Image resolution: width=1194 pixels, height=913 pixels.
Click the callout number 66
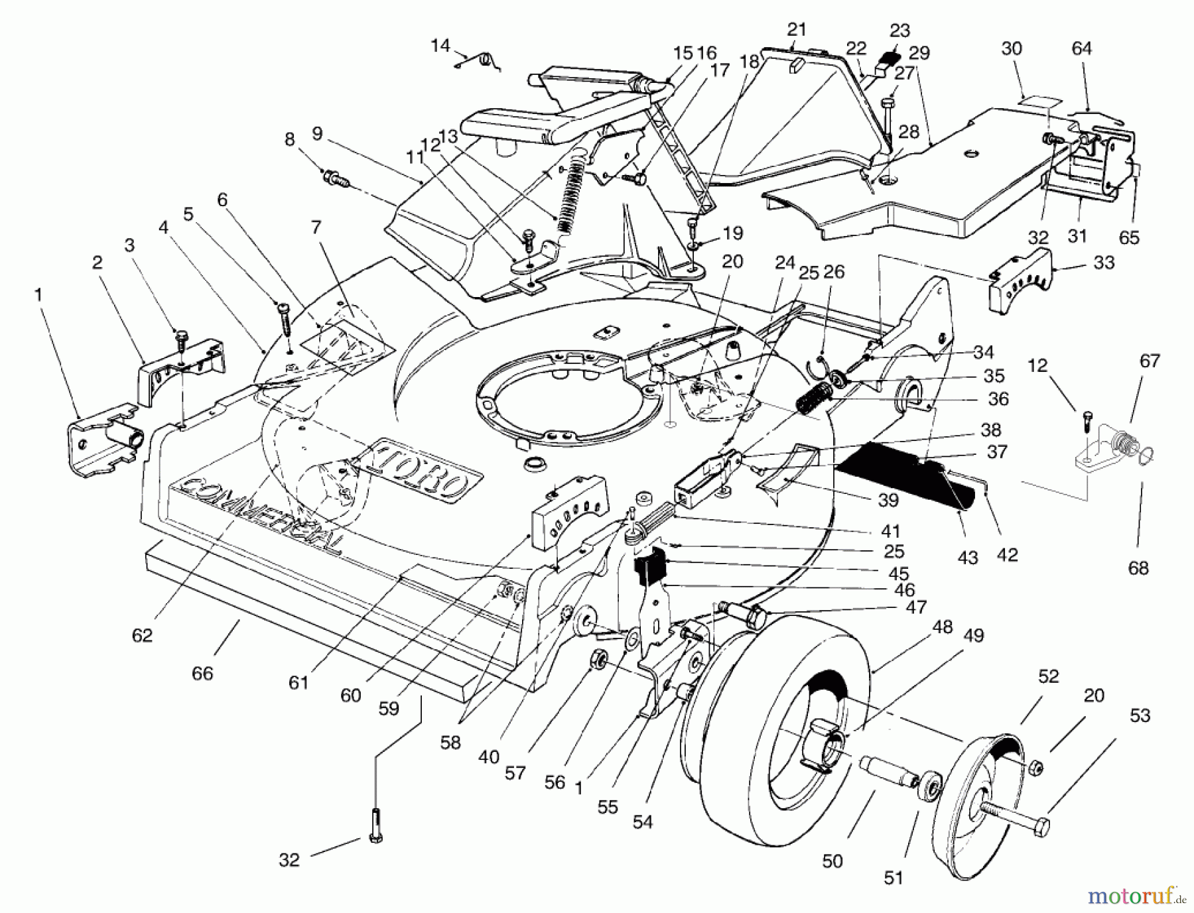click(202, 674)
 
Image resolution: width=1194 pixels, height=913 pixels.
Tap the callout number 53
click(1140, 716)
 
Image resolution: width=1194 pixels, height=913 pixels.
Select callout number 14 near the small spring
click(440, 46)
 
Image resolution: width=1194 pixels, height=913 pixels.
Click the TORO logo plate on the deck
click(419, 473)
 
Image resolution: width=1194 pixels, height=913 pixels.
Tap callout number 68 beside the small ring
click(1138, 568)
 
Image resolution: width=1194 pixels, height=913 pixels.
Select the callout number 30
click(1012, 48)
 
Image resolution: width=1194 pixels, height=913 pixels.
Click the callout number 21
click(796, 30)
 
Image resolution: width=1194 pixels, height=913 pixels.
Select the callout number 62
click(143, 635)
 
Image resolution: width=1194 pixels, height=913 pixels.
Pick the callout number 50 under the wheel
click(832, 861)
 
